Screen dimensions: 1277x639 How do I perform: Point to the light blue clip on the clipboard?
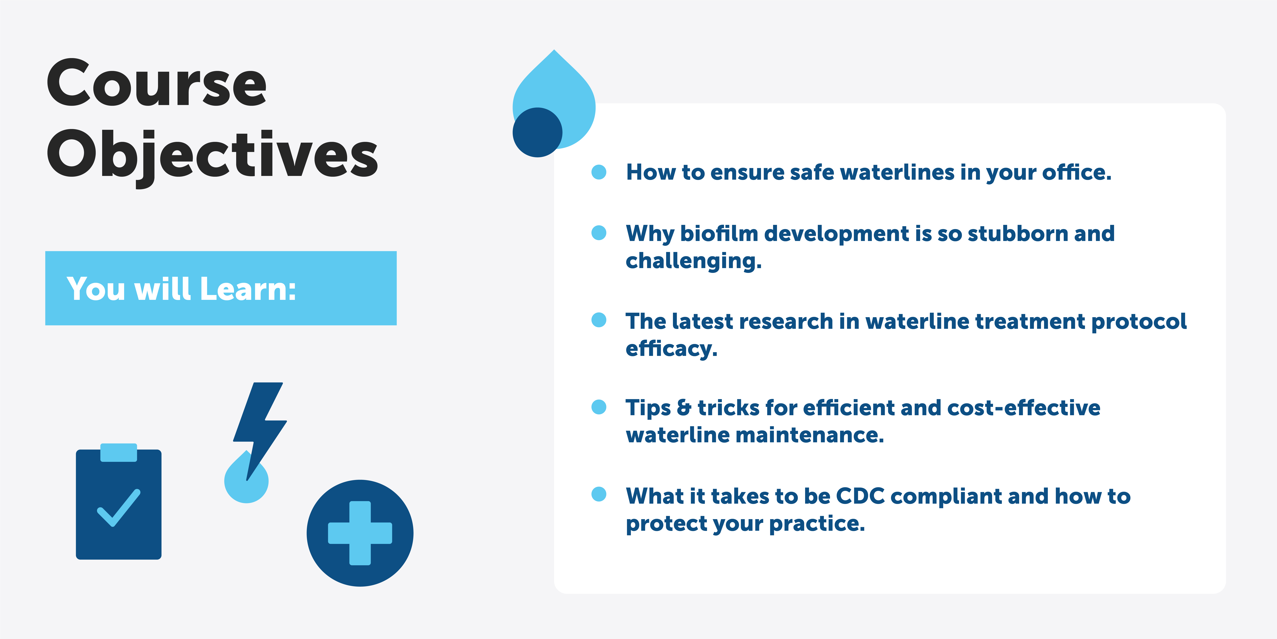(119, 453)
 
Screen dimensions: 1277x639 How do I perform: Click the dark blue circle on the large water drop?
(537, 132)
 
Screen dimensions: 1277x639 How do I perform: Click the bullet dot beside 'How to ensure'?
(599, 172)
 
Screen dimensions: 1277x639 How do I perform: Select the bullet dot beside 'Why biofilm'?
(599, 233)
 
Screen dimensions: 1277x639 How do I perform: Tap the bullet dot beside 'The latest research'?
(599, 320)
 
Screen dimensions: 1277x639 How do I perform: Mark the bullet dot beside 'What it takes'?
(599, 494)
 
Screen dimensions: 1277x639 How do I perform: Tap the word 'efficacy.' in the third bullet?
(671, 349)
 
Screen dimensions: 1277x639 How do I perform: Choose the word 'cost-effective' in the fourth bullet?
(1024, 408)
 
